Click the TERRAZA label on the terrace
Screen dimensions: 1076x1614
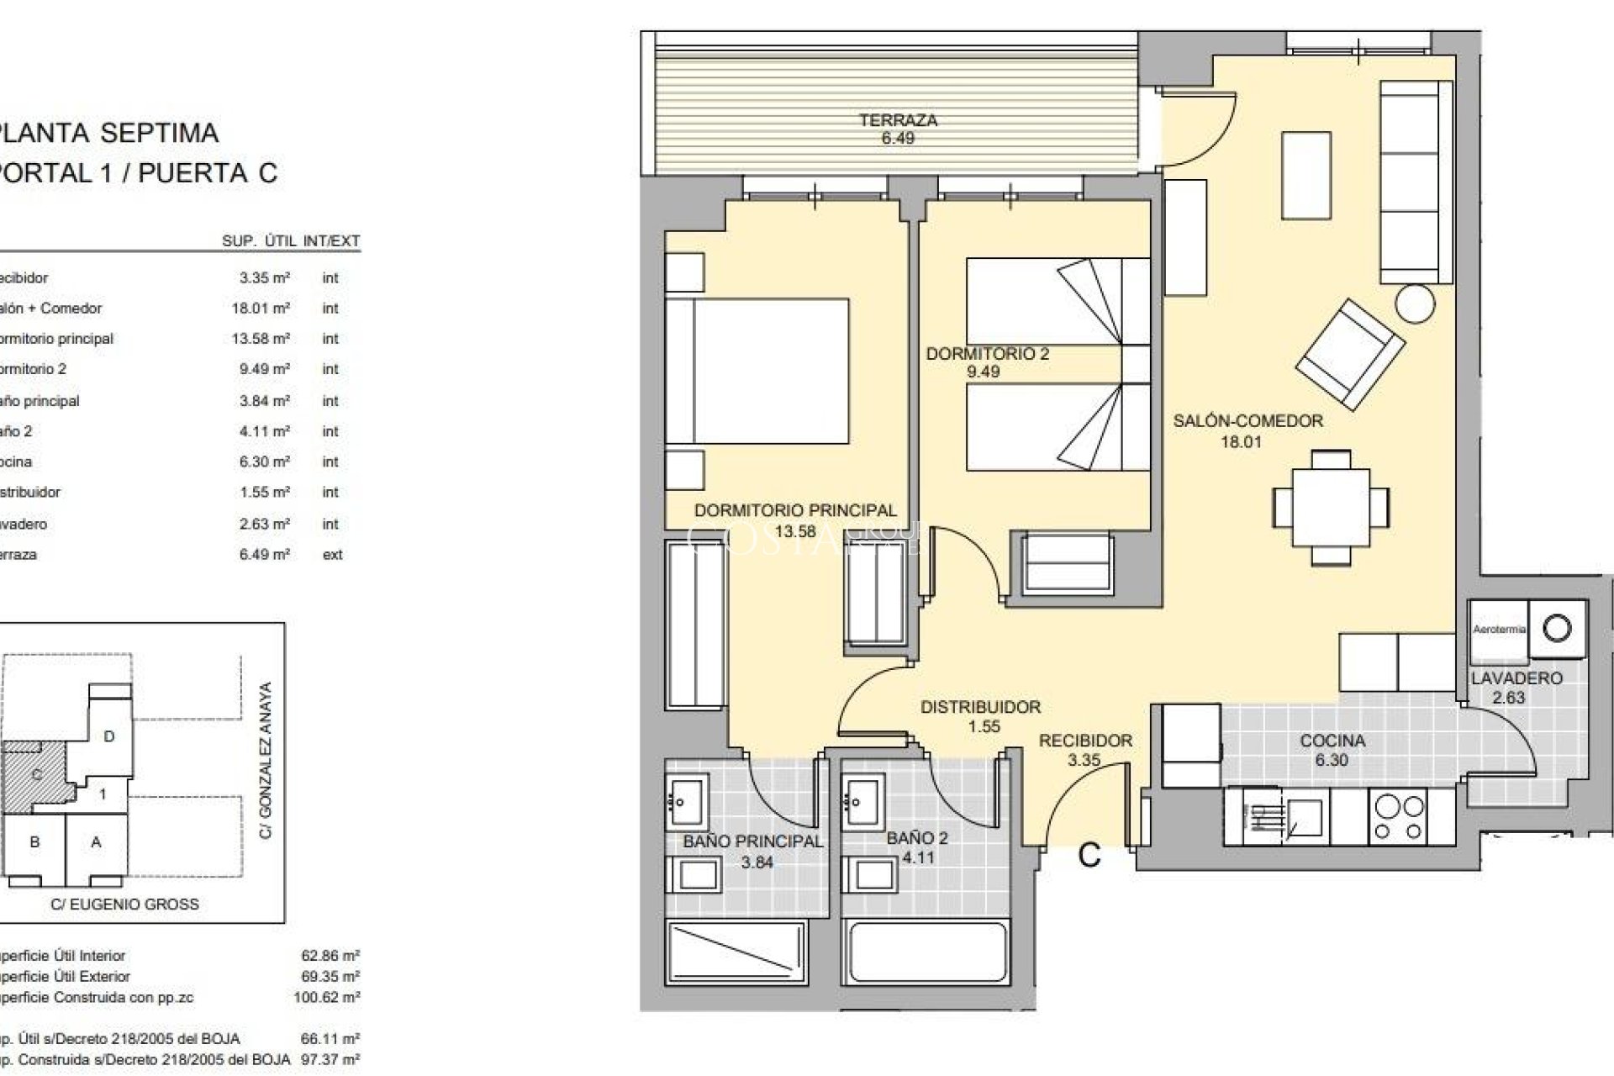click(898, 120)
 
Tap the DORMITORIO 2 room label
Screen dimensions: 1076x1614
click(987, 354)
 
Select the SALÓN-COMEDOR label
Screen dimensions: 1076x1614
click(1247, 421)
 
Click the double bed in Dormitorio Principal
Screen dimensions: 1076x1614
click(757, 371)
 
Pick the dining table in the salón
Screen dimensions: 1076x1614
click(1330, 508)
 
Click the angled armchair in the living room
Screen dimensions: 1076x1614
click(1350, 354)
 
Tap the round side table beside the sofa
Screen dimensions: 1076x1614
click(1415, 303)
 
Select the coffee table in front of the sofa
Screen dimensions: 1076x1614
click(1305, 175)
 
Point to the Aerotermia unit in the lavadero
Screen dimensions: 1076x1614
click(1498, 629)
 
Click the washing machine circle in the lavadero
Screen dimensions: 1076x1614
click(1557, 628)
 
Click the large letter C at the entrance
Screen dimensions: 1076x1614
click(1089, 855)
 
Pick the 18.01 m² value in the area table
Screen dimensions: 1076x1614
click(261, 309)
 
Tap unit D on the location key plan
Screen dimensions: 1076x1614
click(108, 736)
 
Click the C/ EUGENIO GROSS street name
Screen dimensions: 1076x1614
click(124, 905)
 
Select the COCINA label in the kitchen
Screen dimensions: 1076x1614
click(1332, 741)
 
